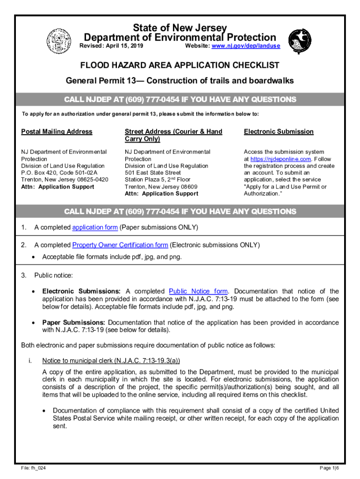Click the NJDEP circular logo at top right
(299, 41)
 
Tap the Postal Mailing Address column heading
(57, 131)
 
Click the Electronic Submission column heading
(279, 131)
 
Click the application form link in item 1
(95, 228)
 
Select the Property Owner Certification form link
(120, 245)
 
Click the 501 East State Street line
(153, 173)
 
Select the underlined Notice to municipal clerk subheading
(111, 361)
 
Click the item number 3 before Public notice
(23, 275)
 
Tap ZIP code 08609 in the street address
(187, 187)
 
